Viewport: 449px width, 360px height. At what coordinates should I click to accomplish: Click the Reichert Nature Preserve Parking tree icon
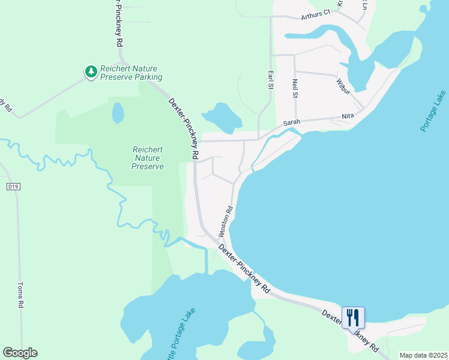tap(91, 72)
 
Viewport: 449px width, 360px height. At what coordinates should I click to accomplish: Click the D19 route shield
tap(13, 187)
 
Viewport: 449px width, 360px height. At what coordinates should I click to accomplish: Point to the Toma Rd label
tap(21, 295)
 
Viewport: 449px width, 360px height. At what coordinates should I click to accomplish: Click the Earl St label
tap(270, 80)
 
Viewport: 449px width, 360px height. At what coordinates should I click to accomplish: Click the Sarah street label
tap(292, 122)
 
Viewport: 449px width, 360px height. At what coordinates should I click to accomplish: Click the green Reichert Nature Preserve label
tap(148, 158)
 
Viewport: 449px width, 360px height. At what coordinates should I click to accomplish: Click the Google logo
tap(20, 353)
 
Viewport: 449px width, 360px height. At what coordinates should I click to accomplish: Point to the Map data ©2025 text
tap(423, 355)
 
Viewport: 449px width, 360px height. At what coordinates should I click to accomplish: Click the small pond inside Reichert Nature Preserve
tap(118, 112)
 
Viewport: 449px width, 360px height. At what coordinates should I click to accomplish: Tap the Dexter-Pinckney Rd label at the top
tap(118, 24)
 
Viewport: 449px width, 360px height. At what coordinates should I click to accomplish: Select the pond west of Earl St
tap(221, 117)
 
